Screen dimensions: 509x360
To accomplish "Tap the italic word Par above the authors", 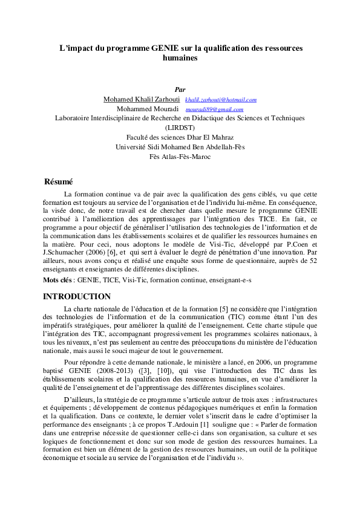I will (180, 89).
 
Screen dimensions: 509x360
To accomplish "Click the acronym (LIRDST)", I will (180, 128).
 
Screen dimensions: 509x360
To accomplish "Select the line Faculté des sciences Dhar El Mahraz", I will (180, 138).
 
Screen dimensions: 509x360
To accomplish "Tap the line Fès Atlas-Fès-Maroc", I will (180, 157).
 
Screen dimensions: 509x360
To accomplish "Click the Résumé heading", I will (59, 181).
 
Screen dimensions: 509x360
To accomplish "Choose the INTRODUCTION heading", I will (77, 296).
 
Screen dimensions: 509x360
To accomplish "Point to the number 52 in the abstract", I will (312, 261).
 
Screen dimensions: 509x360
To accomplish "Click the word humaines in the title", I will (180, 58).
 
